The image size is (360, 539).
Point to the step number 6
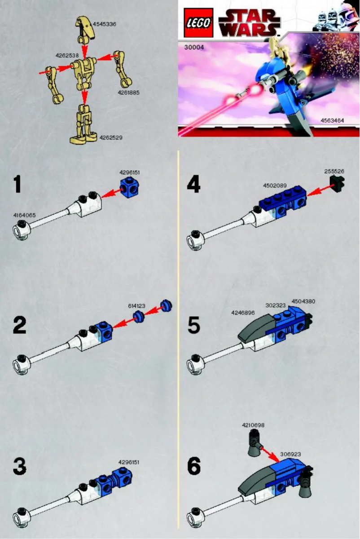(x=194, y=467)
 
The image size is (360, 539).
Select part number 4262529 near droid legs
(x=111, y=137)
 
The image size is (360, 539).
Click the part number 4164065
(x=24, y=215)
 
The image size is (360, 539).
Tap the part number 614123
(x=136, y=305)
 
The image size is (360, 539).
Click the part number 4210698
(x=253, y=424)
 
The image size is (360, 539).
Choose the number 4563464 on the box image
(x=333, y=120)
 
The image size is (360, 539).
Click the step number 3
(x=19, y=467)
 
